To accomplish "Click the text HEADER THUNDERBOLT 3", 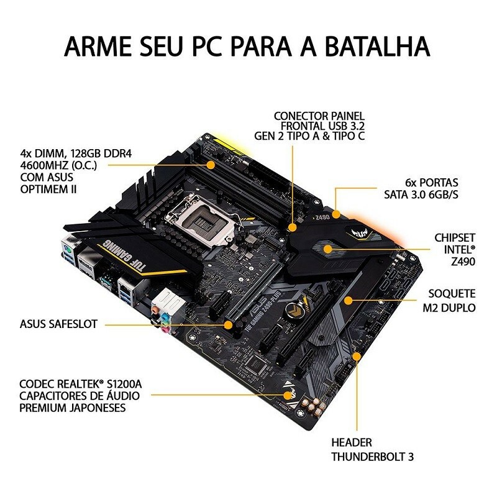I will click(372, 450).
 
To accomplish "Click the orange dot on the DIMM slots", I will click(211, 165).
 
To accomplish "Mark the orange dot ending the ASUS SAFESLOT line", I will click(229, 324).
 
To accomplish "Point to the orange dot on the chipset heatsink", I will click(333, 250).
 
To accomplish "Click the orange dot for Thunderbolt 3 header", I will click(357, 356).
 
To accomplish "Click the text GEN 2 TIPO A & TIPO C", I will click(309, 137).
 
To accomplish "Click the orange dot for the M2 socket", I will click(349, 300).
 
